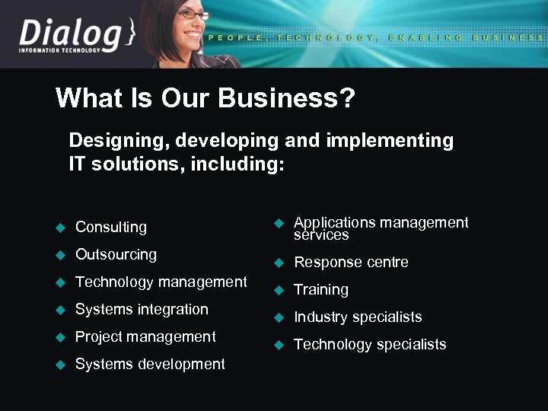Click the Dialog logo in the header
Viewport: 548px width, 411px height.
[72, 37]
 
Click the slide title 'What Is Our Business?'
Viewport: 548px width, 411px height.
[205, 98]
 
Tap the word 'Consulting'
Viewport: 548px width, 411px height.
[111, 227]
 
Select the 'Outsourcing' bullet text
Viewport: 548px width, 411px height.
[116, 254]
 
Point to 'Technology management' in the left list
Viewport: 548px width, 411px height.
[161, 282]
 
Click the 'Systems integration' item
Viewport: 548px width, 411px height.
[142, 309]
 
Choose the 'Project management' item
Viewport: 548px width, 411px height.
[145, 336]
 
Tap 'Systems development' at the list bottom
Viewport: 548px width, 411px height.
[150, 364]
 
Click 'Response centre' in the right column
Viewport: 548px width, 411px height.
[351, 262]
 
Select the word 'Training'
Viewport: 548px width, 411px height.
[321, 289]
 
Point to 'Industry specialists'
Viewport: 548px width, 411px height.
[358, 317]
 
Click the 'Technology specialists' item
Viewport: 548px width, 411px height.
[370, 344]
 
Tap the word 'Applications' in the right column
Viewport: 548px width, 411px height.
[333, 222]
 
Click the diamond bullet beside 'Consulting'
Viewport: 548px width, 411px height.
[62, 227]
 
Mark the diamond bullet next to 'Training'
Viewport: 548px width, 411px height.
[279, 290]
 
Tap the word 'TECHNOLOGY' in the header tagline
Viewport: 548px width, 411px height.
[327, 37]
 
